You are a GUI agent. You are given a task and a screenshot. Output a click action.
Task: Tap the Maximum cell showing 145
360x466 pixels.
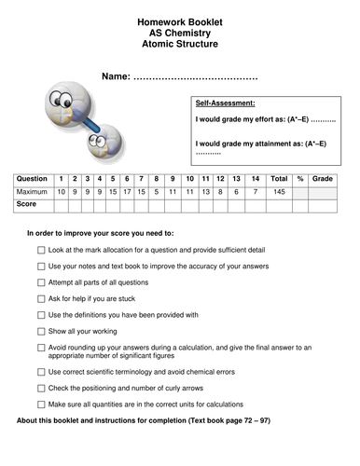(x=278, y=191)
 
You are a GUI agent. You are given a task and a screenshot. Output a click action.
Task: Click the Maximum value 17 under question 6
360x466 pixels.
(x=128, y=191)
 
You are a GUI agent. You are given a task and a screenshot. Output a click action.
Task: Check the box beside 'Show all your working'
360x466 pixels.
(x=41, y=331)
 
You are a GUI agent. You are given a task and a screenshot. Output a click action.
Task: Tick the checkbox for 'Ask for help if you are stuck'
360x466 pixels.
(x=41, y=298)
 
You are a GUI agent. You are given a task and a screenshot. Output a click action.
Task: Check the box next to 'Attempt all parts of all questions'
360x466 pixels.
(x=41, y=282)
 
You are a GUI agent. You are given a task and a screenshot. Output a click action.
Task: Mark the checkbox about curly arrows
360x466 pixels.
(x=41, y=388)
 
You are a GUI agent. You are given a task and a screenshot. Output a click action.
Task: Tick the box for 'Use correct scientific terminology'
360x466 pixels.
(x=41, y=372)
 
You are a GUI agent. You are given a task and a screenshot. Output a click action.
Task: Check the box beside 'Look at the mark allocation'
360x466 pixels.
(x=41, y=251)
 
